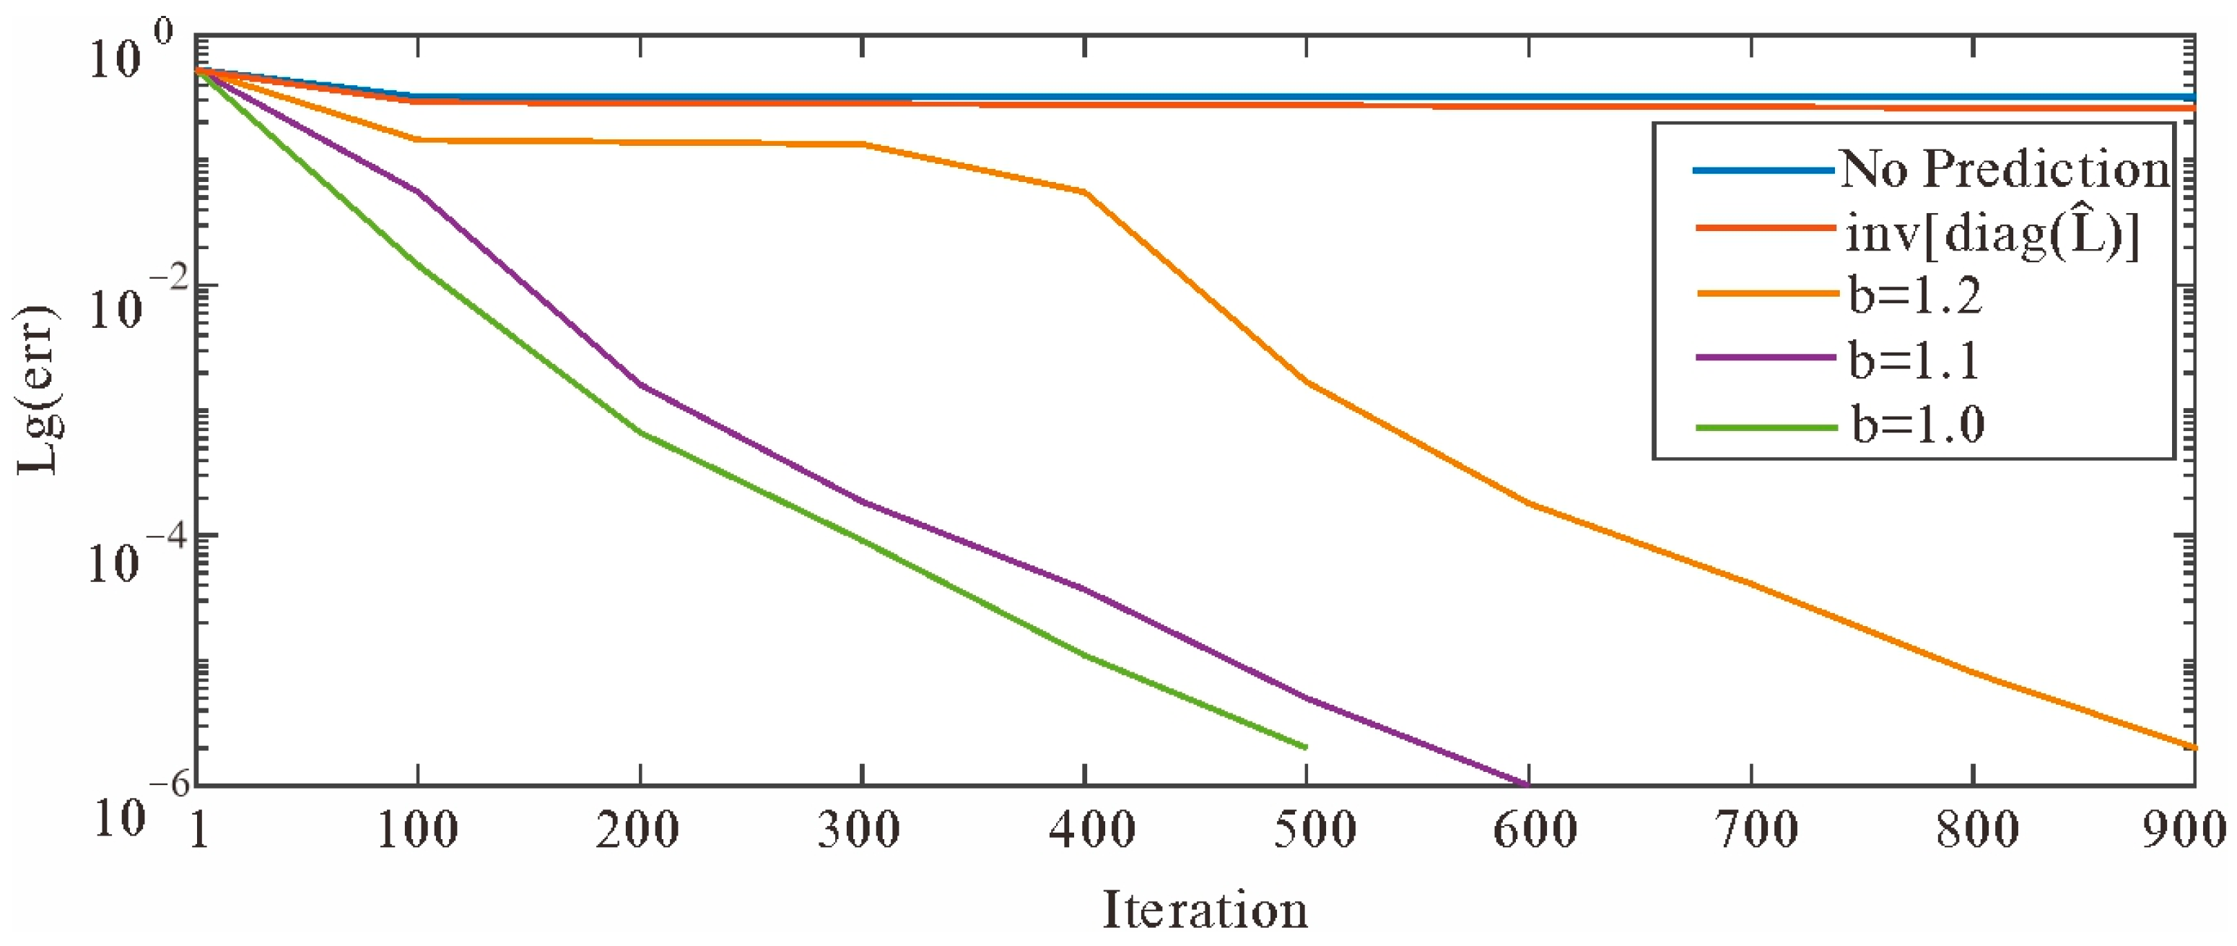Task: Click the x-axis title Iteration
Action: coord(1205,909)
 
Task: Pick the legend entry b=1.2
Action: coord(1916,295)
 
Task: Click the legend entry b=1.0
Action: coord(1917,425)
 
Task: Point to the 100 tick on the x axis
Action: coord(418,830)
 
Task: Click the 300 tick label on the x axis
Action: coord(860,830)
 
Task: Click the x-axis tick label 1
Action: coord(199,830)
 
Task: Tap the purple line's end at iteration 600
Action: coord(1527,784)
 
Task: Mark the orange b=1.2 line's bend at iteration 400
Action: coord(1085,192)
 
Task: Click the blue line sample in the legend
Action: coord(1763,170)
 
